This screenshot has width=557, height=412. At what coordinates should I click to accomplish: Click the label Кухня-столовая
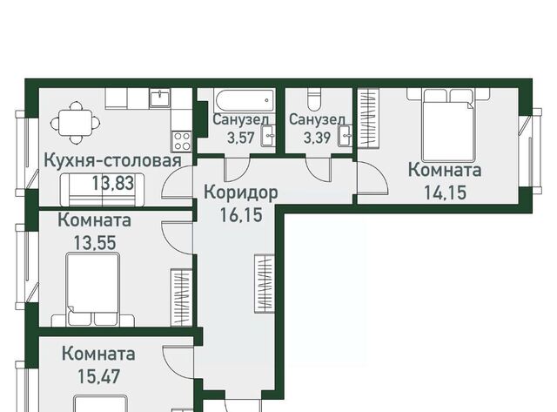point(112,161)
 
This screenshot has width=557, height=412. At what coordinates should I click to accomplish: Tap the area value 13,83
point(118,183)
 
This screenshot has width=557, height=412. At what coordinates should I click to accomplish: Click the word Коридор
point(241,192)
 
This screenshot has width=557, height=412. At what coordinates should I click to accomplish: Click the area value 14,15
point(445,192)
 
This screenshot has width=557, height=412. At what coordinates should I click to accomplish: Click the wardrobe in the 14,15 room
point(368,120)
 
